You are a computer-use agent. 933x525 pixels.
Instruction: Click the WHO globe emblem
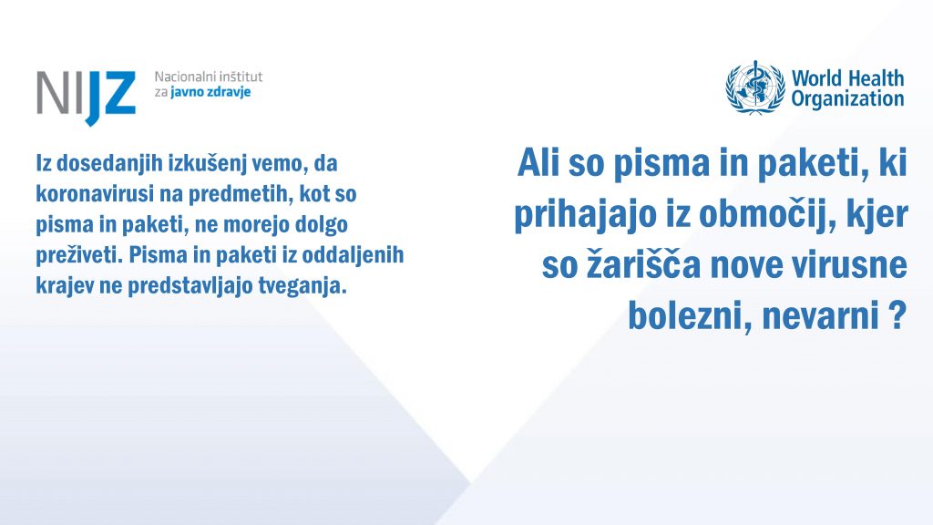coord(755,87)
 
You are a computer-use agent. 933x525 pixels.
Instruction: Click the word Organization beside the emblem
coord(847,98)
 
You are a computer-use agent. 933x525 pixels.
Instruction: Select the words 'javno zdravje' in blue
coord(210,92)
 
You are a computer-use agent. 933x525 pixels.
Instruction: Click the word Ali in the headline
coord(539,162)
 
